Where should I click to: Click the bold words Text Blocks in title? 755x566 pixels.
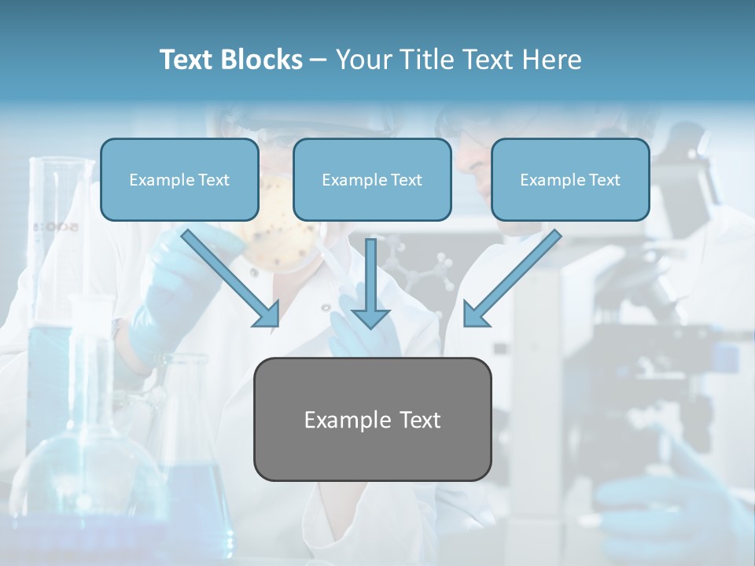coord(230,60)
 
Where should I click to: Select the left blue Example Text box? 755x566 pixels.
coord(179,179)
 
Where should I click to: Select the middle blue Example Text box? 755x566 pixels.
coord(372,179)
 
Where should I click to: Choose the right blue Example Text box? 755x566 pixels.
coord(570,179)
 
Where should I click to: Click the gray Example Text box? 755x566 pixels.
coord(372,419)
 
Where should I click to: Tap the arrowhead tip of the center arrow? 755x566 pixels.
coord(370,325)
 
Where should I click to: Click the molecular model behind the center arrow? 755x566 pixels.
coord(425,271)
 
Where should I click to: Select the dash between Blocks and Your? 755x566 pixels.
coord(319,60)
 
